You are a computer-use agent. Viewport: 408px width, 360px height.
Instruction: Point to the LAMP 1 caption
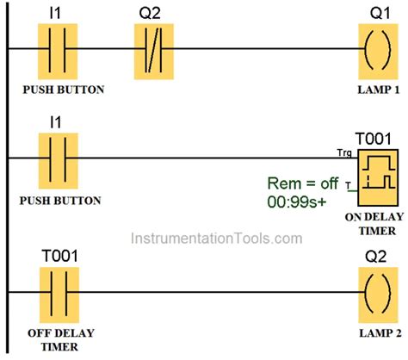tap(375, 89)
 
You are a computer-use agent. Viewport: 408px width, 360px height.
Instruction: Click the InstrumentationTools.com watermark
tap(204, 237)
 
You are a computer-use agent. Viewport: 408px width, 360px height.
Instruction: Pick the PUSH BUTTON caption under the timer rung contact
tap(59, 201)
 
